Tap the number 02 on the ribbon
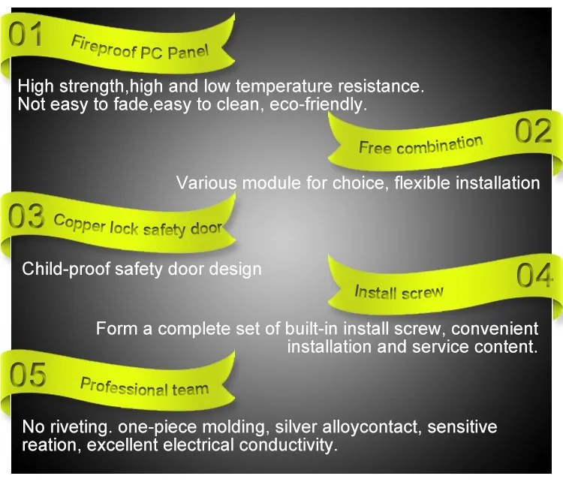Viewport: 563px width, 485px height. (534, 132)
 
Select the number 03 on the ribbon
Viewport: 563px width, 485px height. (25, 217)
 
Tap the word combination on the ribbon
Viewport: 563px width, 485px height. (439, 145)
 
